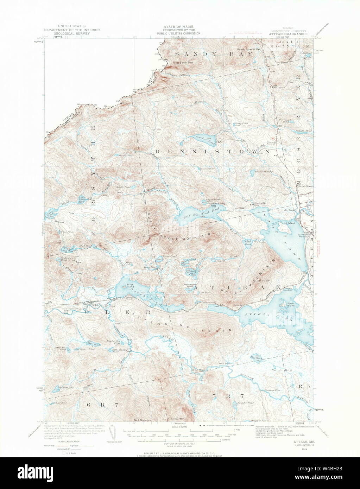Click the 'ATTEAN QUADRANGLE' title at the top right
(x=288, y=34)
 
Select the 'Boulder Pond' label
(x=246, y=402)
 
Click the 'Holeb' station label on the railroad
(x=96, y=305)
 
